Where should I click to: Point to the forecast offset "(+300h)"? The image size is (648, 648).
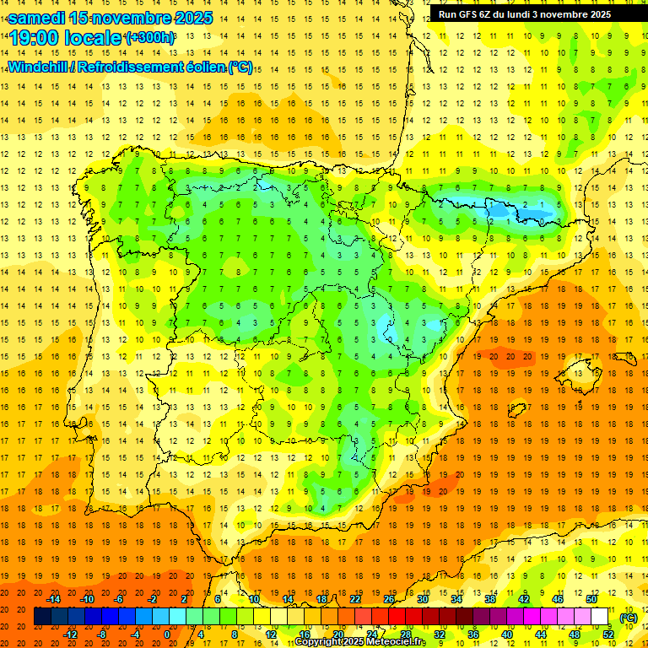(150, 38)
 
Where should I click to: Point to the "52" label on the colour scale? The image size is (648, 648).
(607, 634)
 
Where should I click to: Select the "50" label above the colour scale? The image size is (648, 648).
(591, 599)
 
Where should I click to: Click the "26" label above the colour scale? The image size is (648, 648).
(389, 599)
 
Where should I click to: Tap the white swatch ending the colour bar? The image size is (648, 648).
(599, 617)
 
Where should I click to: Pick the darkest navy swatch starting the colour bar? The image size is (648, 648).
(42, 617)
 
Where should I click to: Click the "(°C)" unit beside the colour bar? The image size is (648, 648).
(628, 618)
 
